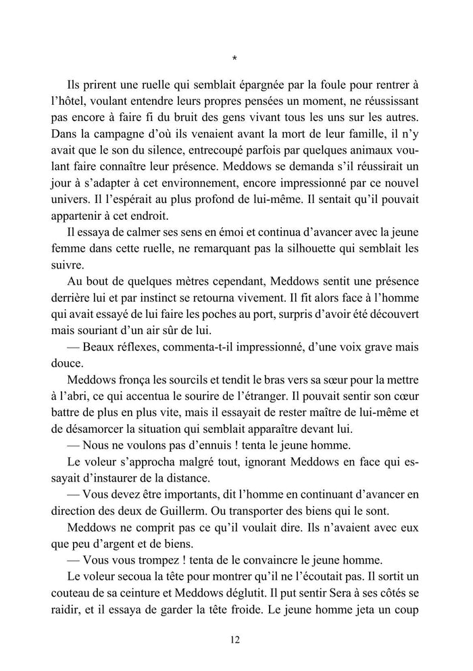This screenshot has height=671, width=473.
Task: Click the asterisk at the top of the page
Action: coord(234,59)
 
